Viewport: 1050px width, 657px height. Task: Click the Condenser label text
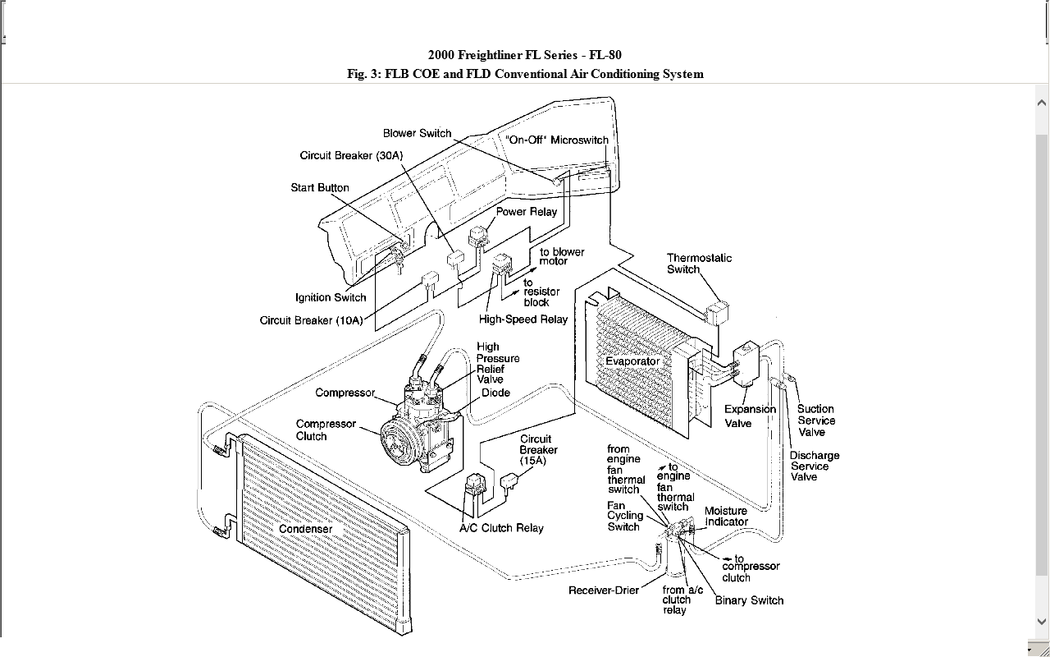[306, 529]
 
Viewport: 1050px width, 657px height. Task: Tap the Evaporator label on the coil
[632, 361]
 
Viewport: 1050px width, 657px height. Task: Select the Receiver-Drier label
[604, 590]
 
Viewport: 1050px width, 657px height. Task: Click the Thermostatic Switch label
[699, 264]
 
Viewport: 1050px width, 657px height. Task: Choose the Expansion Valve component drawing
[746, 362]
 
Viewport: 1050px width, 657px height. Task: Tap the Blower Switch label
[417, 133]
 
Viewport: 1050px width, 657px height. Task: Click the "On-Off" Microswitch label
[557, 140]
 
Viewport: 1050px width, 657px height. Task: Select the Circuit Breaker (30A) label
[351, 155]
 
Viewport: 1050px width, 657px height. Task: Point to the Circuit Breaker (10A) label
[311, 320]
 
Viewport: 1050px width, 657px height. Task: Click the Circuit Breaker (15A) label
[538, 449]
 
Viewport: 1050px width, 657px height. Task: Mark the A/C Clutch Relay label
[501, 528]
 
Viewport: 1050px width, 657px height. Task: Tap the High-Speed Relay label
[523, 319]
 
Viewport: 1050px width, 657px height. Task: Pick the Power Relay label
[526, 211]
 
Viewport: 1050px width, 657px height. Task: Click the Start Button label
[320, 187]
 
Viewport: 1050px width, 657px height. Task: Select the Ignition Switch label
[331, 297]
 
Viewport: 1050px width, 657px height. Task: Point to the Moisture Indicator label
[726, 516]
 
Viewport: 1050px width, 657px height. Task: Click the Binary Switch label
[749, 600]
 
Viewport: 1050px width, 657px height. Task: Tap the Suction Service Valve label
[815, 420]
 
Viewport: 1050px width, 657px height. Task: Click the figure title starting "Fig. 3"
[525, 74]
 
